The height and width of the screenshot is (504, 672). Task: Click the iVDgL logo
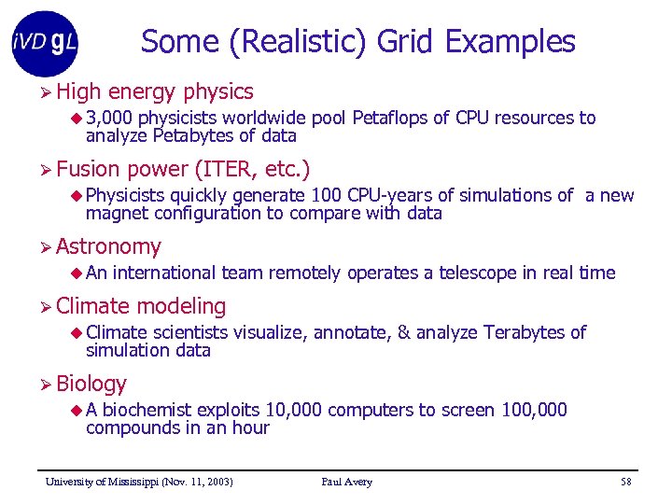point(45,43)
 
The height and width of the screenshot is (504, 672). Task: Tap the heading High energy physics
point(154,91)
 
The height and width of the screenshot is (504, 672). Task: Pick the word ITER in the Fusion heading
point(234,169)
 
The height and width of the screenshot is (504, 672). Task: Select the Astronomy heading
point(108,246)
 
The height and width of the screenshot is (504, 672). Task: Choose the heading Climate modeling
point(141,306)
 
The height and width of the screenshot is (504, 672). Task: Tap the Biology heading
point(91,384)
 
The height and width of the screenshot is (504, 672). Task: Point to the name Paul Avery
point(346,482)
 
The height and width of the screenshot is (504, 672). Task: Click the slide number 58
point(625,482)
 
